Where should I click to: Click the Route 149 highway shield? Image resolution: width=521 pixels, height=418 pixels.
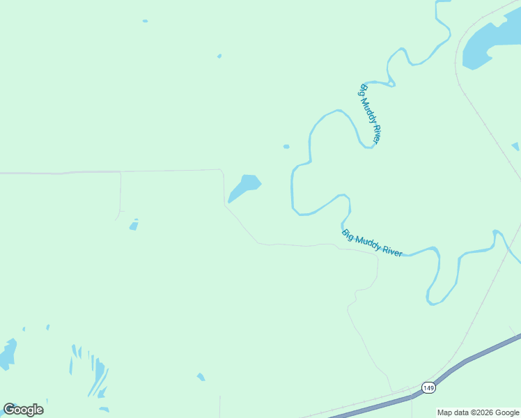[x=428, y=387]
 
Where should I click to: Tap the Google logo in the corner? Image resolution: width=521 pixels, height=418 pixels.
[x=23, y=410]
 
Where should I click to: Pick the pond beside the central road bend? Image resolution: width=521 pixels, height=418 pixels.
[x=244, y=187]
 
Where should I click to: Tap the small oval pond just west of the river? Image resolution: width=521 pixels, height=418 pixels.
[x=286, y=146]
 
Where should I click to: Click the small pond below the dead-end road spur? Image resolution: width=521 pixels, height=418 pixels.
[x=134, y=226]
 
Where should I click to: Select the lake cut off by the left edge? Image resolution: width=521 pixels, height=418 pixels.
[x=7, y=354]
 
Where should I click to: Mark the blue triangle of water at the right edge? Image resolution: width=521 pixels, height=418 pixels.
[x=516, y=147]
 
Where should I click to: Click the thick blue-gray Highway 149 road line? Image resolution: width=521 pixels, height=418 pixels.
[x=474, y=359]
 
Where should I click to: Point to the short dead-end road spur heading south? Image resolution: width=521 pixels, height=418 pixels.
[x=120, y=195]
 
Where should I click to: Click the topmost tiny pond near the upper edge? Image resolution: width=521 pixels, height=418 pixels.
[x=145, y=21]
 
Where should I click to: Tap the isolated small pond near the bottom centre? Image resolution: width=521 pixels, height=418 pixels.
[x=201, y=377]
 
